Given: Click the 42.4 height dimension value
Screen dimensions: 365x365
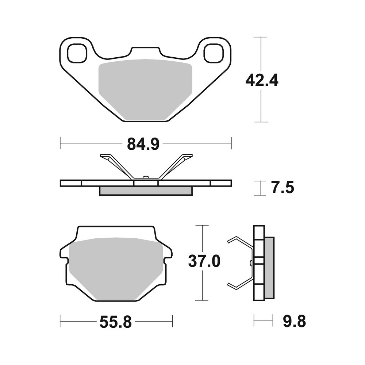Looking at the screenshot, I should tap(262, 80).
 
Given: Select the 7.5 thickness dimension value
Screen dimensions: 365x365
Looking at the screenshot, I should tap(282, 188).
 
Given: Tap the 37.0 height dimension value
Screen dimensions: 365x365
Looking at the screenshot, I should tap(204, 261).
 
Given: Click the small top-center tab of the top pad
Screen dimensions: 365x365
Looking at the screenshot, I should tap(146, 51).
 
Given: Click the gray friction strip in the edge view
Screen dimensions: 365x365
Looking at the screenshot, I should tap(146, 191).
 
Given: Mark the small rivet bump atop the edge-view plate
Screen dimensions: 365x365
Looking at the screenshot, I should tap(146, 178).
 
